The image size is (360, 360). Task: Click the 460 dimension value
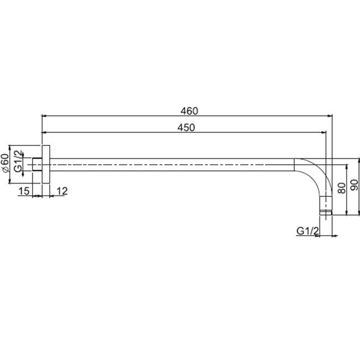pos(189,111)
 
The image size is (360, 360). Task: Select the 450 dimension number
pos(186,128)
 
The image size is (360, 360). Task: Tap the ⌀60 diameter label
pos(5,163)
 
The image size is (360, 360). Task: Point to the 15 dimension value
pos(24,191)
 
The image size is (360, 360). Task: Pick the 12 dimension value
pos(62,191)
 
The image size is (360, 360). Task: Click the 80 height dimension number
pos(342,188)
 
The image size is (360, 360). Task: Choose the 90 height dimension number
pos(354,185)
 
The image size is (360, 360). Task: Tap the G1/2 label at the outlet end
pos(307,231)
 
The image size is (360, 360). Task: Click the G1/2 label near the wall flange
pos(18,161)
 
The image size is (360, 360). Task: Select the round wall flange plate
pos(46,164)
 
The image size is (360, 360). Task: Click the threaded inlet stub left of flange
pos(37,164)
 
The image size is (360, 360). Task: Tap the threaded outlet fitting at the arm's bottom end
pos(326,206)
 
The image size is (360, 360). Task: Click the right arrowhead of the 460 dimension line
pos(330,116)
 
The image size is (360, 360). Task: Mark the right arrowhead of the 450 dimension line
pos(324,133)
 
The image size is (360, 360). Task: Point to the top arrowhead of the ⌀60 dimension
pos(9,148)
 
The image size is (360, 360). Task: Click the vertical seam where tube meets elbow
pos(294,165)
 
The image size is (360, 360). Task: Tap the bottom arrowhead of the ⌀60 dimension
pos(9,181)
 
